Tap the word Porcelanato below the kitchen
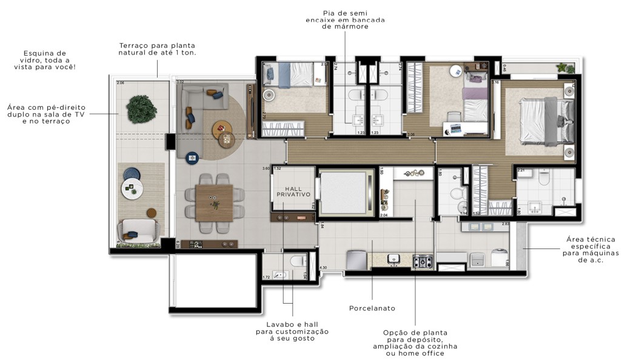tap(372, 308)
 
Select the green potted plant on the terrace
tap(141, 109)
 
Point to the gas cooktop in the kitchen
tap(423, 261)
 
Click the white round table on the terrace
tap(132, 188)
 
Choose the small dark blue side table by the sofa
tap(193, 158)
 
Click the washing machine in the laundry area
tap(499, 258)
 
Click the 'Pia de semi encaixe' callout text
tap(345, 19)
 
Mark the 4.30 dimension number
tap(323, 267)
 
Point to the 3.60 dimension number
tap(266, 168)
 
